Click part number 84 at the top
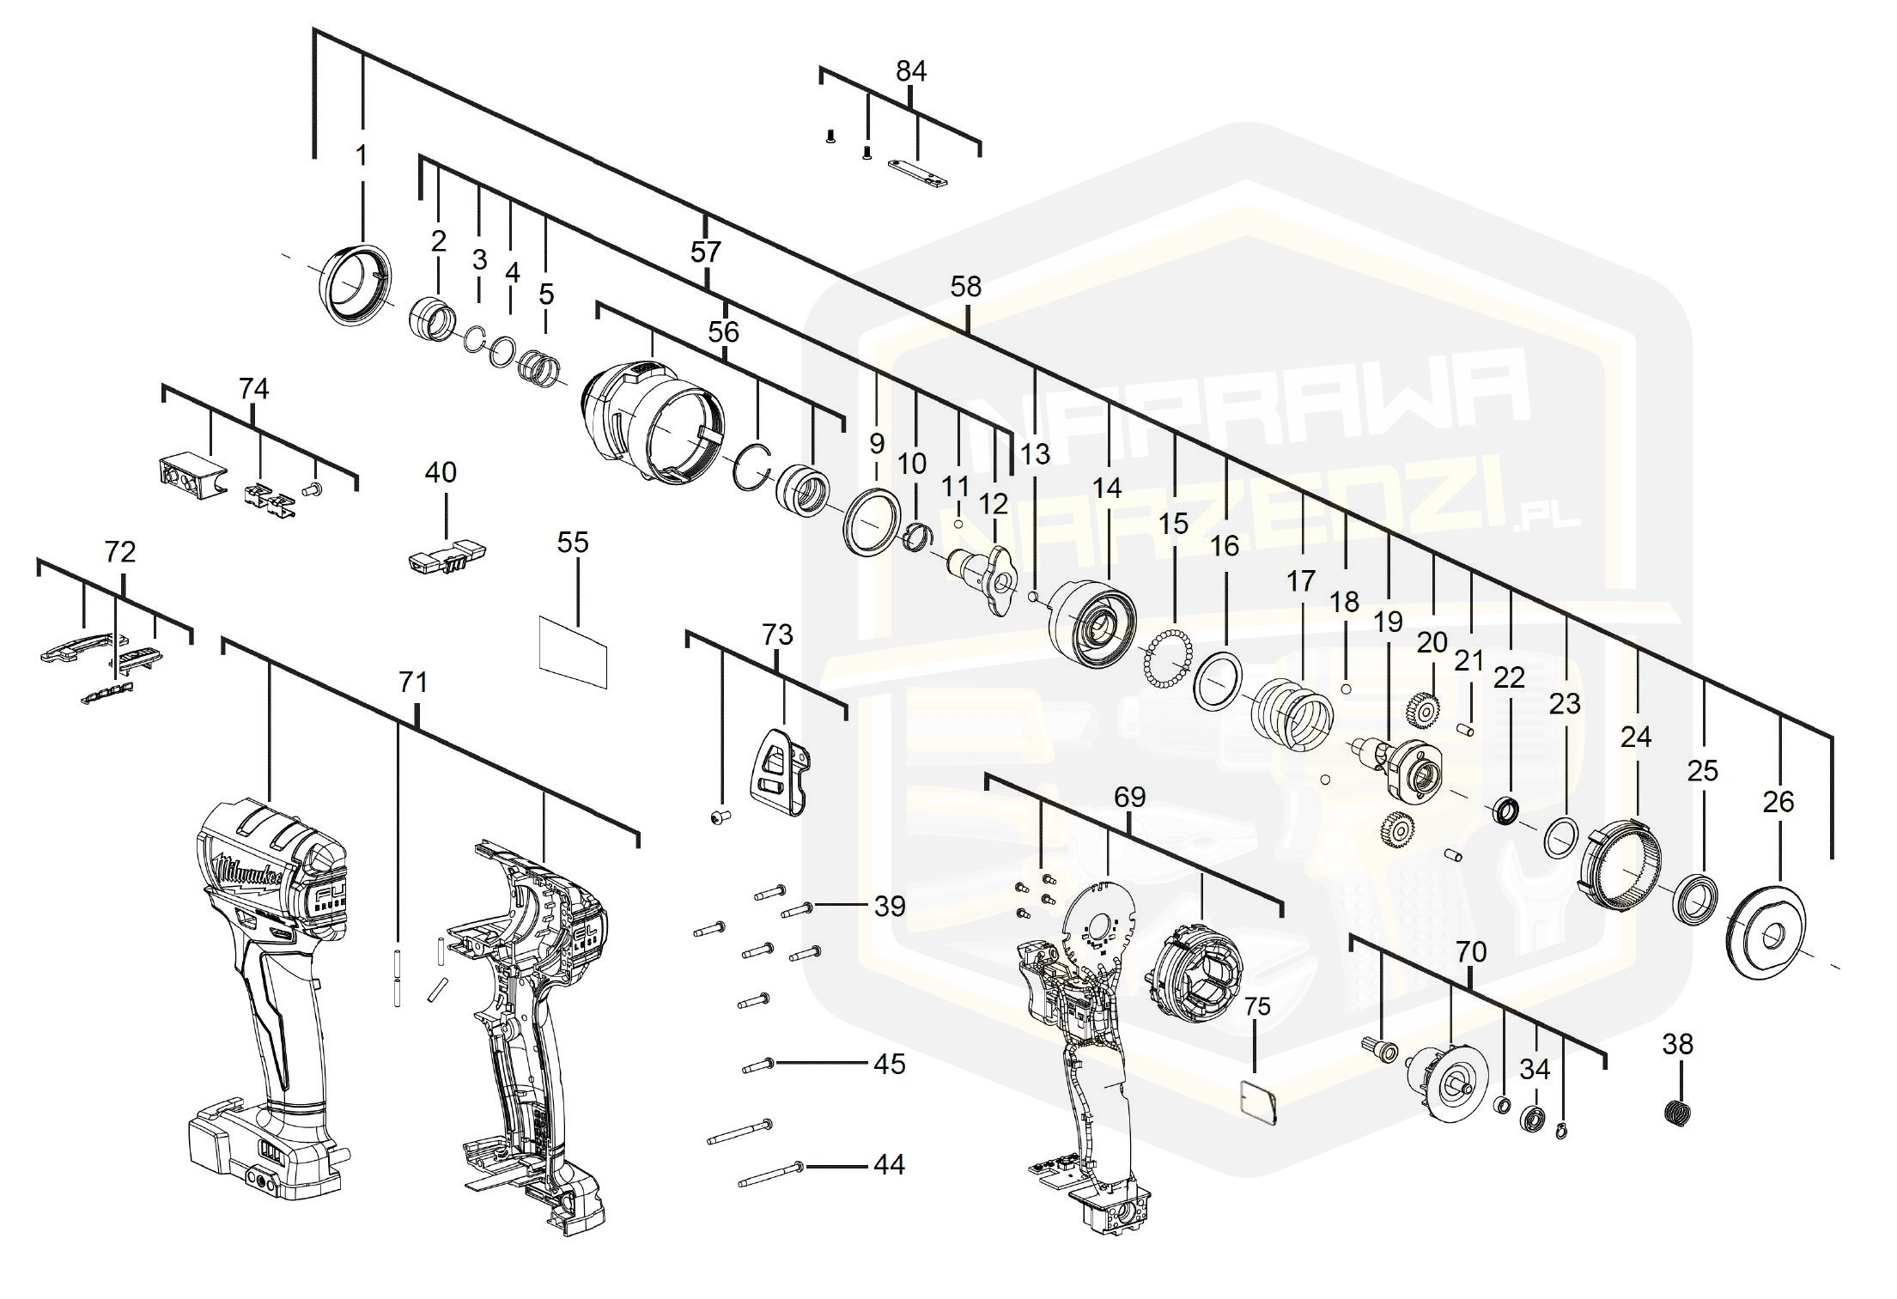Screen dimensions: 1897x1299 point(911,71)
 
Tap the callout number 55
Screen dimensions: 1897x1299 point(573,543)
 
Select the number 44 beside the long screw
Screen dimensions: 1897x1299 point(889,1165)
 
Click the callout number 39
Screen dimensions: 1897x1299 point(889,906)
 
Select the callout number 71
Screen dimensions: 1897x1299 point(413,683)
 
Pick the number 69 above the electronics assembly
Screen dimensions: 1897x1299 point(1130,798)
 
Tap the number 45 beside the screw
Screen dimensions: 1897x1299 point(889,1064)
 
